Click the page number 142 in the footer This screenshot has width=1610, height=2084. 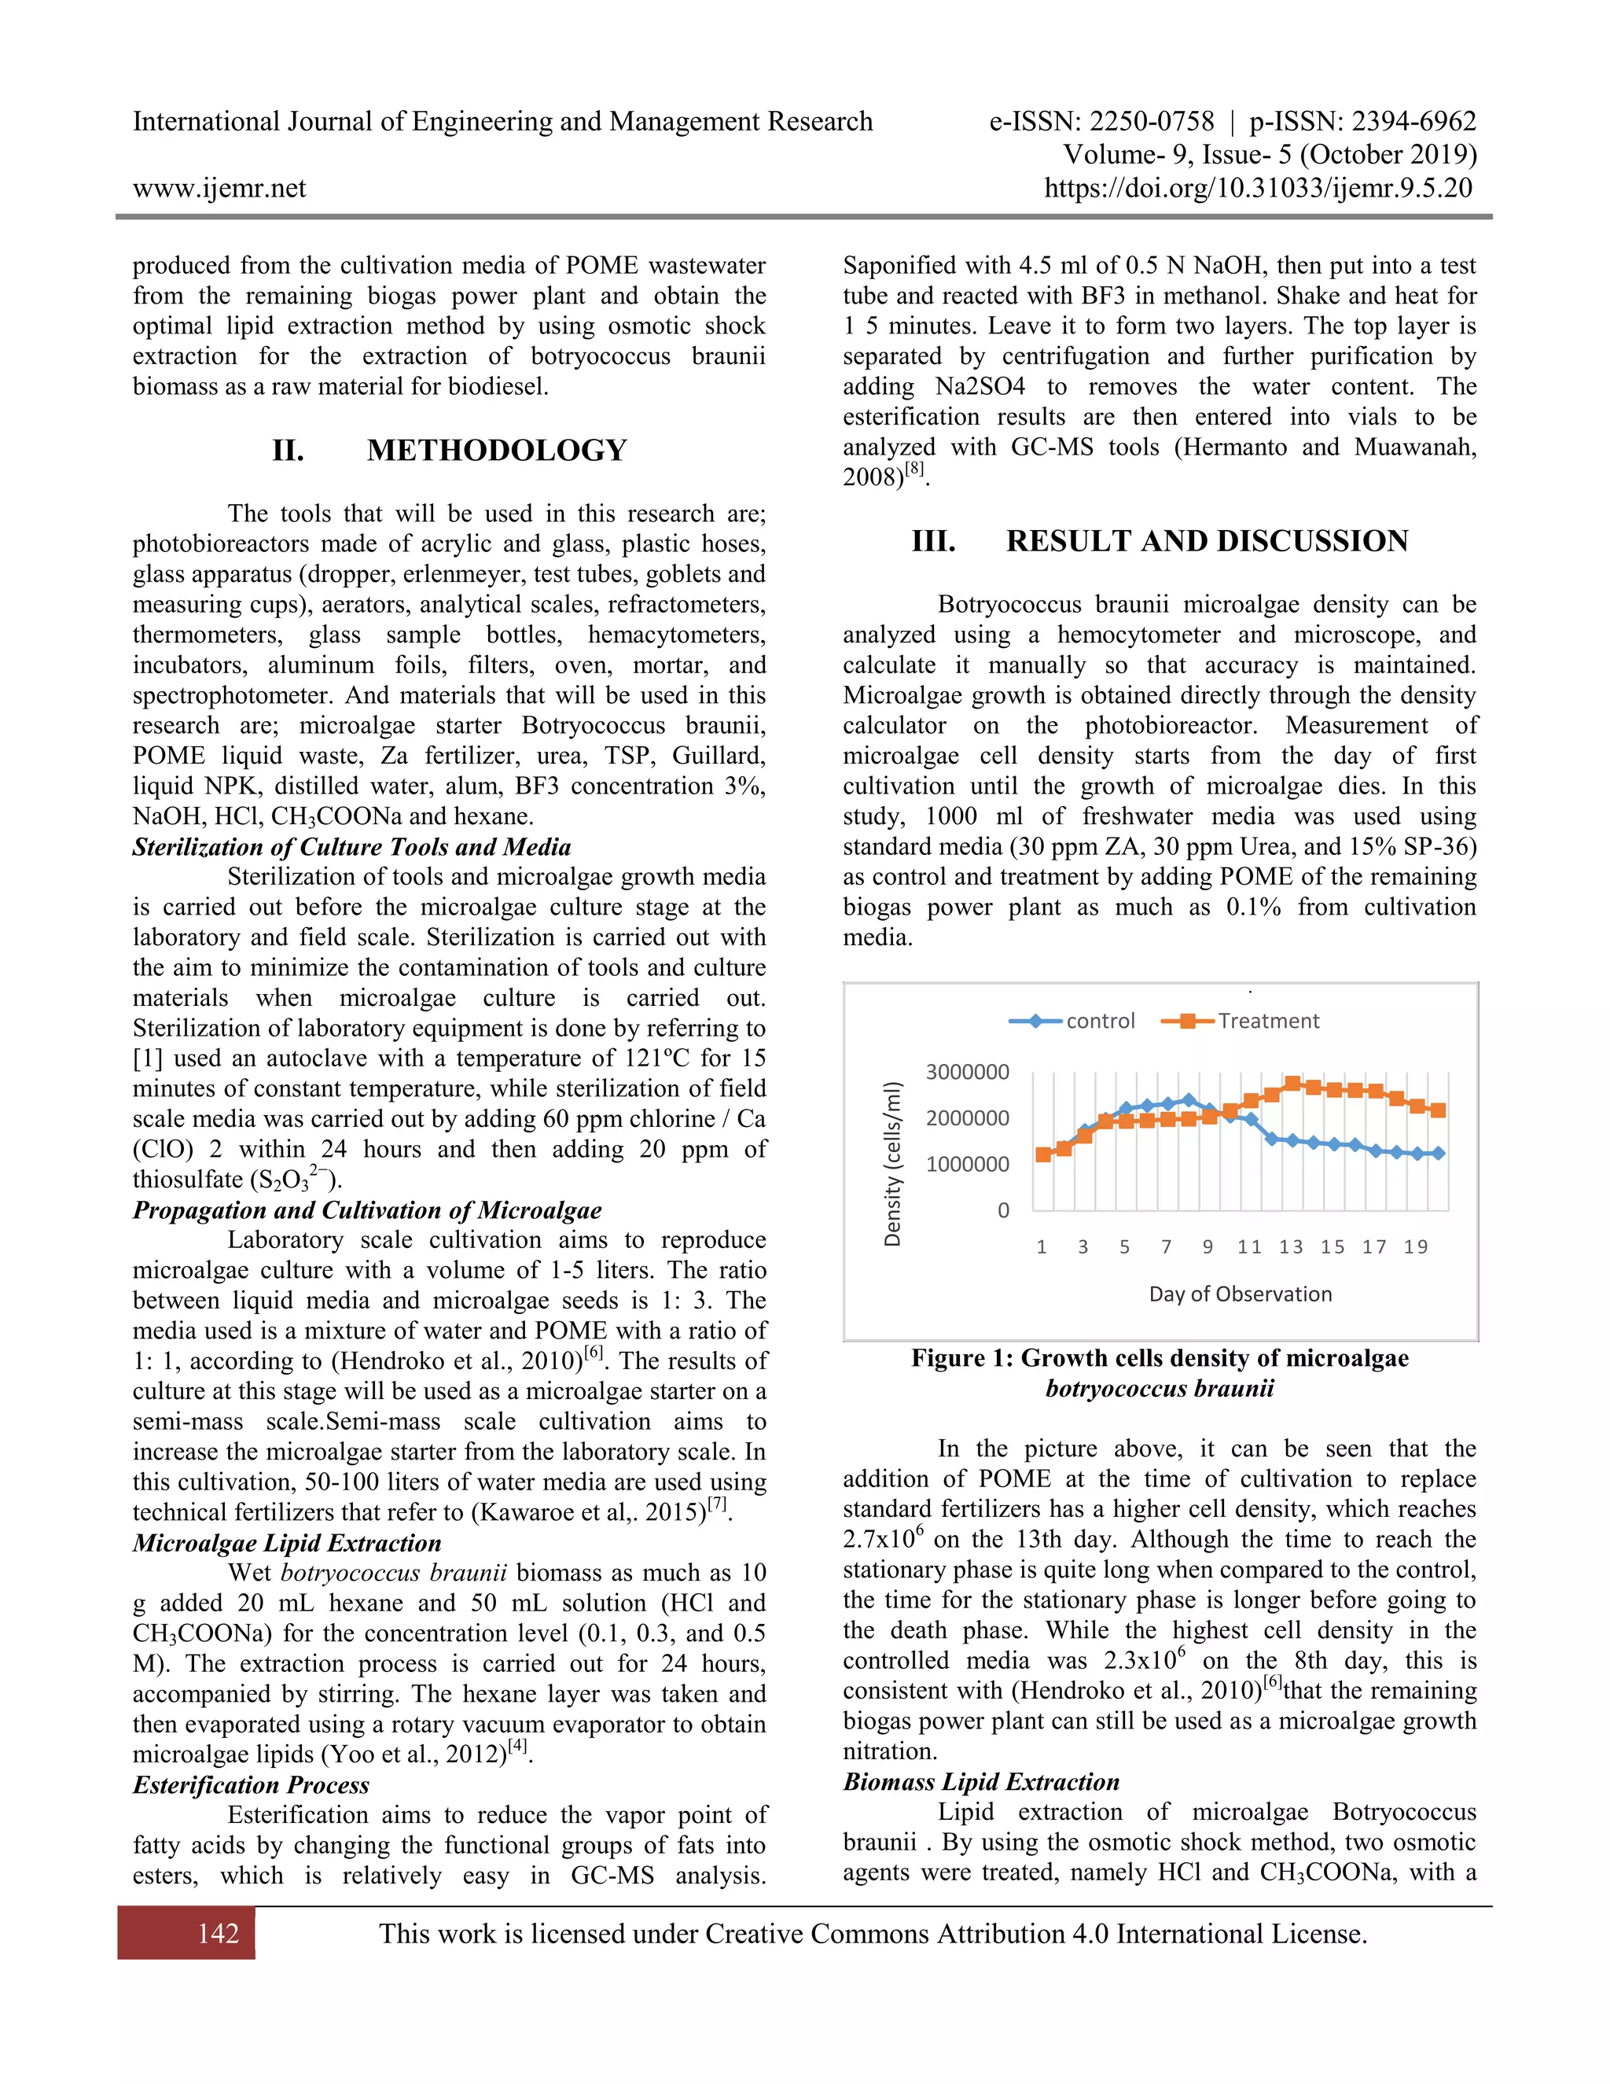pos(218,1933)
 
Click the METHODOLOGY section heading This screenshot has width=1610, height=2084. pos(496,451)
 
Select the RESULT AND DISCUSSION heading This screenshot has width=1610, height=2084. pos(1206,541)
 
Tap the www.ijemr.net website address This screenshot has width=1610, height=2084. pos(219,188)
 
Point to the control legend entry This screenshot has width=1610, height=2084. pos(1099,1021)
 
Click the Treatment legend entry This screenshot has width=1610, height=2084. pos(1266,1021)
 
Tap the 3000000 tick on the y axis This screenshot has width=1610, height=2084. pos(966,1073)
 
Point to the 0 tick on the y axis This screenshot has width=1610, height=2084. pos(1002,1211)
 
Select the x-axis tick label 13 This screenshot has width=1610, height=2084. pos(1291,1247)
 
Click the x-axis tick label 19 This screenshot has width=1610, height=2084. pos(1415,1247)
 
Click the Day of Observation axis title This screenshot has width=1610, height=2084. pos(1240,1295)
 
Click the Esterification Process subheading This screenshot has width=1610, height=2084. pos(251,1785)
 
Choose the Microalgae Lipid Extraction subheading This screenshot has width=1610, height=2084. pos(286,1543)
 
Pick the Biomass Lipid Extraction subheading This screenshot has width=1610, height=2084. pos(980,1781)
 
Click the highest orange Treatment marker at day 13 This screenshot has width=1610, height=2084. pos(1292,1084)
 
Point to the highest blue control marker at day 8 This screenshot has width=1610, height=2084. pos(1188,1100)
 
